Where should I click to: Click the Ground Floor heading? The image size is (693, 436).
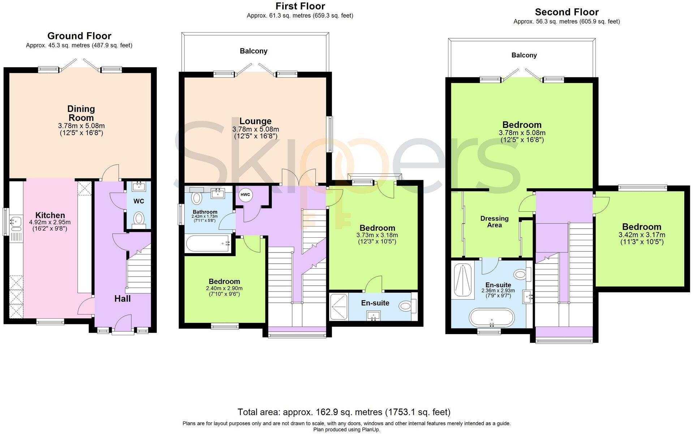tap(79, 36)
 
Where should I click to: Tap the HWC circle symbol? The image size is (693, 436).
tap(245, 195)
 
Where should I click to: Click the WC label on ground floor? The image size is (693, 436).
tap(139, 201)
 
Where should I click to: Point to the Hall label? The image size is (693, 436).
tap(122, 298)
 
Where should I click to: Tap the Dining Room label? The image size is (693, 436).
tap(81, 113)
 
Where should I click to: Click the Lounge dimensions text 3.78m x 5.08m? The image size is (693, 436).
tap(255, 129)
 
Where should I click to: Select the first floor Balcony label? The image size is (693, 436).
tap(254, 51)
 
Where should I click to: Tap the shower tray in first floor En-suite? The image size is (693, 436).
tap(339, 307)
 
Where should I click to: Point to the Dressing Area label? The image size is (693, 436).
tap(494, 221)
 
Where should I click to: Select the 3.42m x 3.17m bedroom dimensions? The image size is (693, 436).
tap(642, 235)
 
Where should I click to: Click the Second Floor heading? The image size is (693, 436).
tap(567, 12)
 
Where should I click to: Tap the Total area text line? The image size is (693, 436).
tap(344, 412)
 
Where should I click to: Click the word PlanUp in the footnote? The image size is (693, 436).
tap(371, 429)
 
